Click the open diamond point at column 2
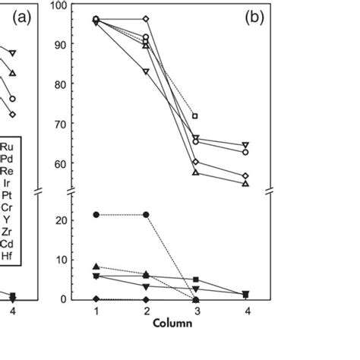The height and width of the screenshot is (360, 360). coord(146,18)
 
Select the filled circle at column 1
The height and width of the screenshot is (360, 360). coord(96,215)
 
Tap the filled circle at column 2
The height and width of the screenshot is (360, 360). coord(146,215)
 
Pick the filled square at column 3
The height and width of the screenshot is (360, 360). coord(196,280)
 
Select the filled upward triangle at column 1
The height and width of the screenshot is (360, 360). coord(96,267)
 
